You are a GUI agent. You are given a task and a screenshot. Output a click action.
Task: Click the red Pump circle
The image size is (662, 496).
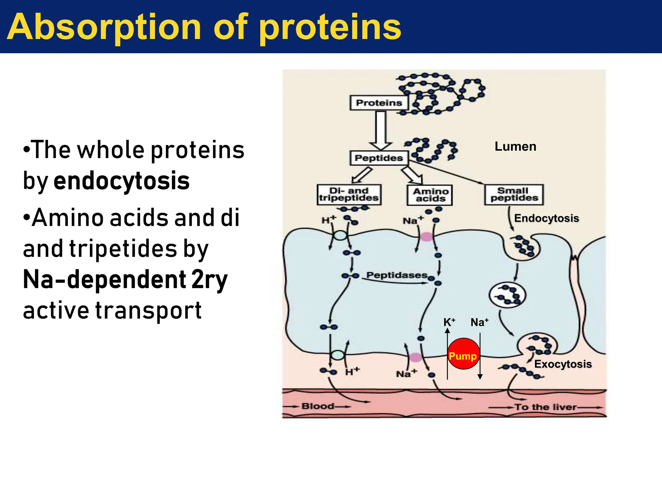coord(463,354)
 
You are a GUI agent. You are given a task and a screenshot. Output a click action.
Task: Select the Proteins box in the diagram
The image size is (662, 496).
coord(379,103)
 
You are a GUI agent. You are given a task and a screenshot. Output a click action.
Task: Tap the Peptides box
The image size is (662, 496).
coord(379,158)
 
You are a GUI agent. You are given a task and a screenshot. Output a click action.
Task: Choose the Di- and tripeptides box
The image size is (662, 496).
coord(349,194)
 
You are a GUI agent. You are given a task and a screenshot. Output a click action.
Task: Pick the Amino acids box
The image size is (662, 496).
coord(430,195)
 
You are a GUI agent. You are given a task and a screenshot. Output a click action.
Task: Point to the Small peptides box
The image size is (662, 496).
coord(514,194)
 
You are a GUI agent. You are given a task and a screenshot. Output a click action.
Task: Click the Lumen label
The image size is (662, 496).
coord(515,147)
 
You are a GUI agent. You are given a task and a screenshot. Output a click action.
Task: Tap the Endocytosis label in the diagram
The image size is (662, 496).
coord(546,218)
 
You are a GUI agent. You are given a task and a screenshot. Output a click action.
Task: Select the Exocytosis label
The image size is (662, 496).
coord(563,364)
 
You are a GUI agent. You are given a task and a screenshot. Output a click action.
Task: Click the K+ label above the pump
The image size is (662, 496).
coord(449,322)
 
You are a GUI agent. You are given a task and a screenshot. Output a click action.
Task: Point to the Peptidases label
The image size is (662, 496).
coord(397,275)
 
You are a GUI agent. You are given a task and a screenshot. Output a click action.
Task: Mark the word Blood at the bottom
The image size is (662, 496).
coord(317,406)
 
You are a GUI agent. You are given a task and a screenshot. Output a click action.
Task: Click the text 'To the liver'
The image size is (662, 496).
coord(546,407)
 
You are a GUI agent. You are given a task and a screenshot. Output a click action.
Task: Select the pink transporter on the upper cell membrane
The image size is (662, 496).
coord(426,237)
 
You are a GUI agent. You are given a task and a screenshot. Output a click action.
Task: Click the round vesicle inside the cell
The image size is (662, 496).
coord(507,295)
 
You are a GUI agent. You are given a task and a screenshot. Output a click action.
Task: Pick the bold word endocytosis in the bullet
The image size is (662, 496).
coord(122,181)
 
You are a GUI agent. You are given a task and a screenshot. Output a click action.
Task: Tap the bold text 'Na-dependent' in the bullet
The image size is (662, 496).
coord(104,280)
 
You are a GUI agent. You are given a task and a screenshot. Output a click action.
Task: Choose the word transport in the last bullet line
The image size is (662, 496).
coord(148,311)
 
